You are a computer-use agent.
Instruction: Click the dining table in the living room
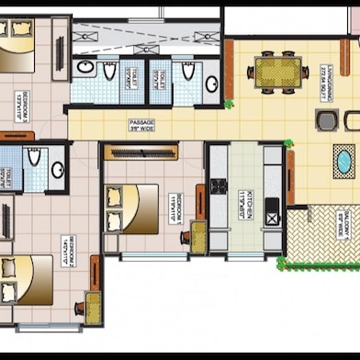point(277,71)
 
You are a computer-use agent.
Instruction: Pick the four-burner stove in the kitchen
point(219,186)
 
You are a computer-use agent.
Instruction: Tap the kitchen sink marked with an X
point(273,218)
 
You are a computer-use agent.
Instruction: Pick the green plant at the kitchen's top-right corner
point(287,142)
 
